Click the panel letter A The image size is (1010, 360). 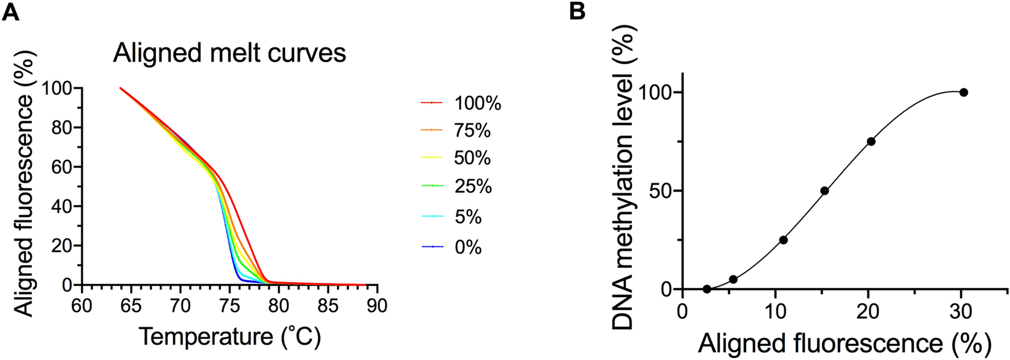pyautogui.click(x=11, y=11)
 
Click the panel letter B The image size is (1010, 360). pyautogui.click(x=577, y=11)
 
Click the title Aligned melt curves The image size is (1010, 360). pyautogui.click(x=229, y=53)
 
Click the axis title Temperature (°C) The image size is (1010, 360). pyautogui.click(x=229, y=336)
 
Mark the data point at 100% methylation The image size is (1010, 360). pyautogui.click(x=964, y=92)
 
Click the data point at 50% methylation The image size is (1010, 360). pyautogui.click(x=825, y=191)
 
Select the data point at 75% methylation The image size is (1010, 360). pyautogui.click(x=871, y=141)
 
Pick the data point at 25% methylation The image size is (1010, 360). pyautogui.click(x=783, y=240)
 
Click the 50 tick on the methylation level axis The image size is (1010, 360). pyautogui.click(x=660, y=191)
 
